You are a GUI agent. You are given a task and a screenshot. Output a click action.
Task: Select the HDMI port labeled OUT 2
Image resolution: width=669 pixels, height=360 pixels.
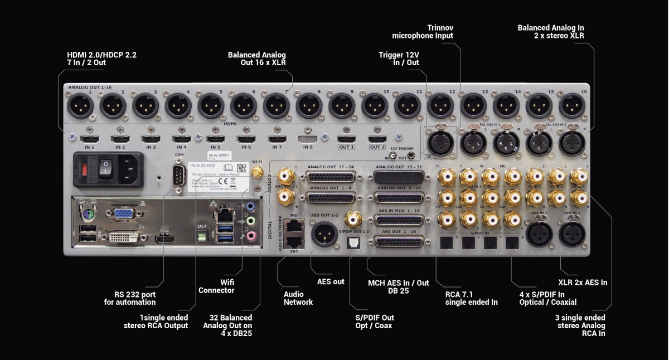pyautogui.click(x=377, y=138)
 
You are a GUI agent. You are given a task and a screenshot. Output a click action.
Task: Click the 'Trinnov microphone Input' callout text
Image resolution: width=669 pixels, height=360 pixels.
pyautogui.click(x=423, y=32)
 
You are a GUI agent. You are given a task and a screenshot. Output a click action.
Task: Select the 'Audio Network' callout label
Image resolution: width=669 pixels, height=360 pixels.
pyautogui.click(x=298, y=298)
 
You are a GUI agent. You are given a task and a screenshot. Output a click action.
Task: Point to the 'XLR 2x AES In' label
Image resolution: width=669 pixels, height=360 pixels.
pyautogui.click(x=583, y=283)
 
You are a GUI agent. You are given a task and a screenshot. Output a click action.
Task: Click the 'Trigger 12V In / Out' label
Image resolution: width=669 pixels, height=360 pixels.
pyautogui.click(x=399, y=59)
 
